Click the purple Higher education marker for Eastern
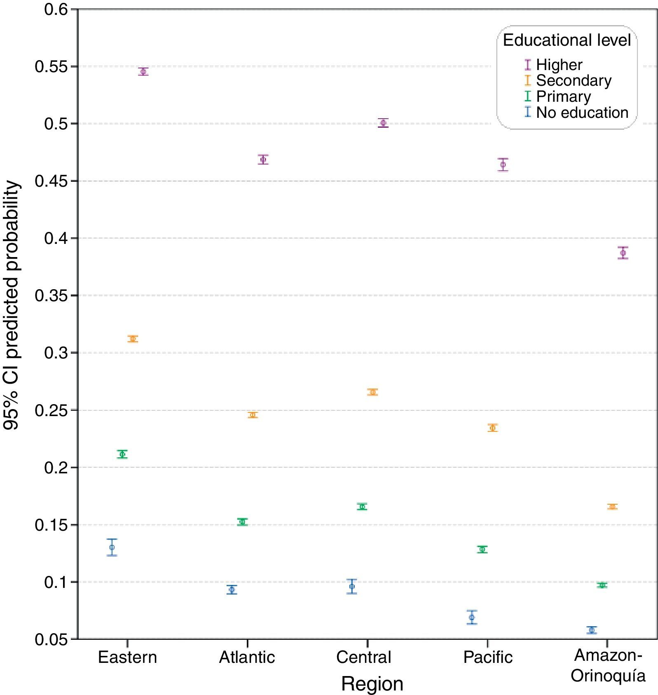[x=143, y=72]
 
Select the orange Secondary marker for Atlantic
[x=253, y=415]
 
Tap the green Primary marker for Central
[x=362, y=507]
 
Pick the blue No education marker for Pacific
[x=472, y=617]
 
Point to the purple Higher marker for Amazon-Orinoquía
[x=623, y=253]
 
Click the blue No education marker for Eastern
[x=112, y=548]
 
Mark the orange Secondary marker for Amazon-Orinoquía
[x=612, y=507]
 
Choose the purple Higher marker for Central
[x=383, y=123]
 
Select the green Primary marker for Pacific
[x=482, y=549]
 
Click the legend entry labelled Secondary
[x=573, y=80]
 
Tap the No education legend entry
[x=582, y=112]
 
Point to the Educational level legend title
[x=567, y=40]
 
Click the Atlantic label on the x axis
[x=247, y=657]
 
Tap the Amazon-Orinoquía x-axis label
[x=608, y=665]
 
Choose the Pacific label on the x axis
[x=488, y=657]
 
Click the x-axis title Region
[x=372, y=684]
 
